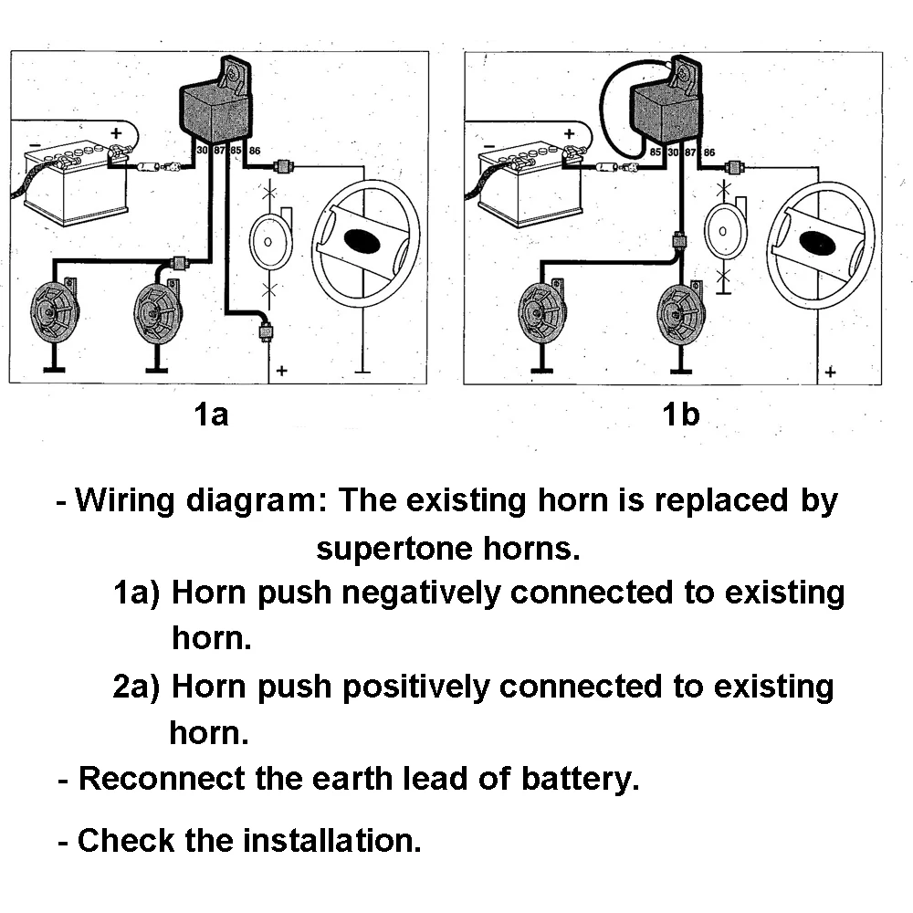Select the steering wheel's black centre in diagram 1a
coord(362,240)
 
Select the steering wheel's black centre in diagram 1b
coord(817,243)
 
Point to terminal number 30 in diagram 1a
coord(202,150)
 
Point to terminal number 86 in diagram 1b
coord(709,152)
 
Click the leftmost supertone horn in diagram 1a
coord(54,311)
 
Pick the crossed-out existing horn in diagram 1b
coord(724,231)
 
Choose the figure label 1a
coord(211,415)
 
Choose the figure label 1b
coord(681,415)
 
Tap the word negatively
coord(420,593)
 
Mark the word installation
coord(331,840)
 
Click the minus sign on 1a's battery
coord(36,145)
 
